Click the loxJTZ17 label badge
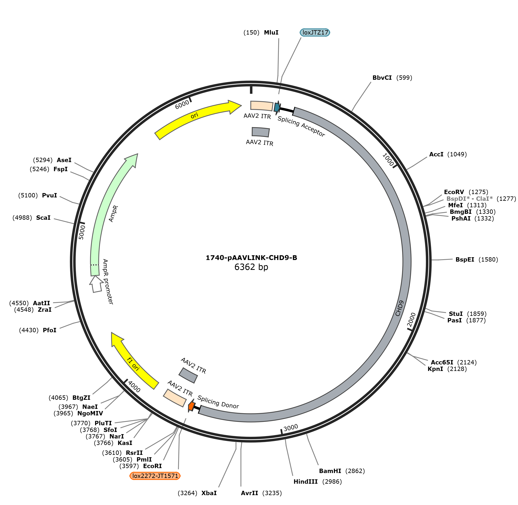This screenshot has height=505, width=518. (x=315, y=32)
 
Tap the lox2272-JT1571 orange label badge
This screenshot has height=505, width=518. (x=155, y=476)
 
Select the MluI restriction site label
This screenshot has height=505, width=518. (x=271, y=32)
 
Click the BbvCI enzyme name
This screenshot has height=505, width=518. (x=382, y=78)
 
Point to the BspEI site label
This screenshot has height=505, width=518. (x=465, y=259)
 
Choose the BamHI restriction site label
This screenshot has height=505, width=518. (x=330, y=471)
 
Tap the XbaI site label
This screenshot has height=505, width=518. (x=209, y=493)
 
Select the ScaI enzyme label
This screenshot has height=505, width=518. (x=43, y=218)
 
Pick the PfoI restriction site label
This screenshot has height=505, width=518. (x=50, y=330)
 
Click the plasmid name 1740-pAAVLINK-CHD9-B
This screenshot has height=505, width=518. (x=251, y=258)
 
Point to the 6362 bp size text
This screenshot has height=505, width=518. (x=251, y=267)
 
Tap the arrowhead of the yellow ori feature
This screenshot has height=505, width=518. (x=235, y=107)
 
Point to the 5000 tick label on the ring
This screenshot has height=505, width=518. (x=82, y=232)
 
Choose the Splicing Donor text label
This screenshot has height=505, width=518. (x=218, y=402)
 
